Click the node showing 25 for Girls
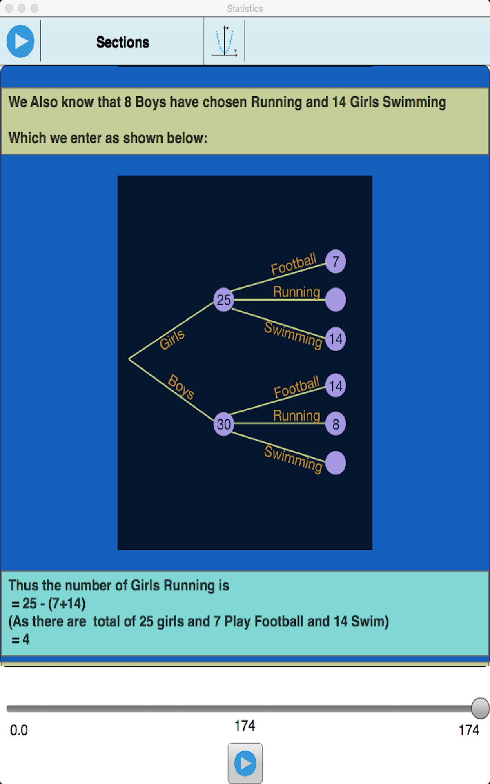pos(223,300)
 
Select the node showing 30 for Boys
pos(223,424)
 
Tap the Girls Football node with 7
pos(336,261)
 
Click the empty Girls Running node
pos(336,300)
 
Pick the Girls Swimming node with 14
pos(336,339)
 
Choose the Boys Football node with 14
pos(336,385)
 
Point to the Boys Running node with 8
pos(336,424)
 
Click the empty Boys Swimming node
pos(336,463)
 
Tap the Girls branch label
pos(172,339)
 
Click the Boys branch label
pos(181,386)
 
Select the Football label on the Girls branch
pos(294,264)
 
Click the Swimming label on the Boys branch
pos(293,459)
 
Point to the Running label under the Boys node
pos(296,415)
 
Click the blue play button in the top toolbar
pos(20,41)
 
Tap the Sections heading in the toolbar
pos(122,42)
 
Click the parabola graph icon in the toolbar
pos(225,41)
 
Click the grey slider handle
pos(480,708)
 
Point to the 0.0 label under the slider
pos(19,730)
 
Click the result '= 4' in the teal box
pos(21,639)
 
